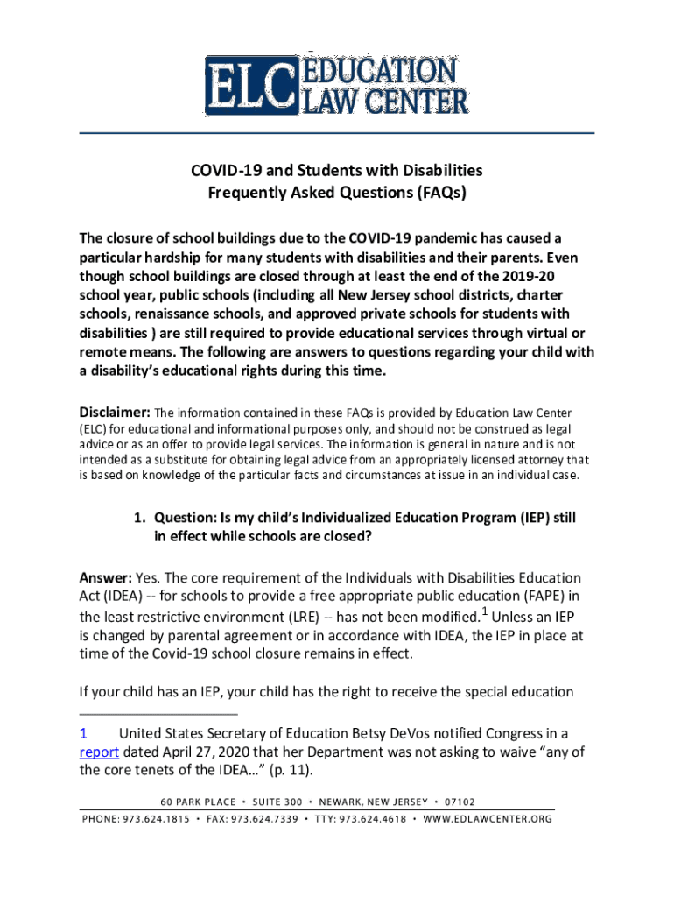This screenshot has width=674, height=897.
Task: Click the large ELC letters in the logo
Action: [x=248, y=86]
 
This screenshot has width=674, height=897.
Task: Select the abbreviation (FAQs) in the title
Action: [x=437, y=193]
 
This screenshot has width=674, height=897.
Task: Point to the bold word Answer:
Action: [x=106, y=578]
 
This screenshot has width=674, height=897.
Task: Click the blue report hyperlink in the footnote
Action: [x=99, y=752]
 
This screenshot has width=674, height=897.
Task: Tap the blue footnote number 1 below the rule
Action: [x=83, y=733]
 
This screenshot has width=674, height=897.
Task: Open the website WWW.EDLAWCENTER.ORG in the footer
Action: [x=488, y=819]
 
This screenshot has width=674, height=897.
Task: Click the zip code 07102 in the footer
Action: [x=460, y=802]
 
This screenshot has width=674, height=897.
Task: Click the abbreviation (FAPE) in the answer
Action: [x=550, y=597]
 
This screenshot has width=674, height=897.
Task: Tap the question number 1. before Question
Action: [x=139, y=518]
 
